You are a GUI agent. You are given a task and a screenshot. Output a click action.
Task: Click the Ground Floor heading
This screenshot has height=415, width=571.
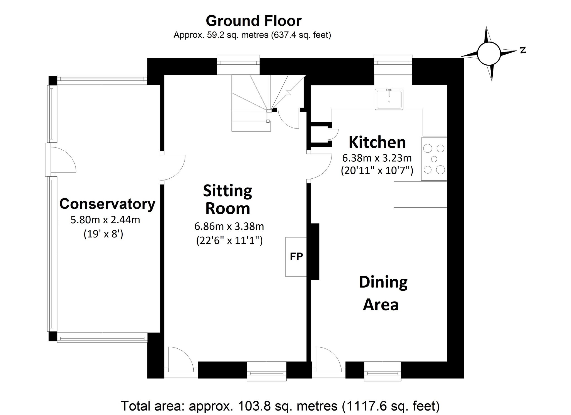(253, 21)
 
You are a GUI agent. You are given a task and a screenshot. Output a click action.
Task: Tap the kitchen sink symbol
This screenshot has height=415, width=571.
(389, 99)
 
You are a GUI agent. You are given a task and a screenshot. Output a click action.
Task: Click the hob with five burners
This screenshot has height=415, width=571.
(434, 159)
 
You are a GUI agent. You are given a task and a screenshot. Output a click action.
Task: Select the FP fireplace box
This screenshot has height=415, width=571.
(296, 257)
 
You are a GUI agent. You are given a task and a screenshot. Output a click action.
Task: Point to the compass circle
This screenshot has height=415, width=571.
(488, 54)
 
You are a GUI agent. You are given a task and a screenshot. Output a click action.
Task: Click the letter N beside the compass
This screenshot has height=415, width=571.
(523, 50)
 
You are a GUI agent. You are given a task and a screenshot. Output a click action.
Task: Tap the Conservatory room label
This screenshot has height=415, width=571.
(107, 204)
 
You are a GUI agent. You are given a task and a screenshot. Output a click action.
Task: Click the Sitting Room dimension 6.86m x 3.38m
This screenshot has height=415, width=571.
(229, 226)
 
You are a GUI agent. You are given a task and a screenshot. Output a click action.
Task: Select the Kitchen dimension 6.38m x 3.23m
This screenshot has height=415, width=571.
(377, 158)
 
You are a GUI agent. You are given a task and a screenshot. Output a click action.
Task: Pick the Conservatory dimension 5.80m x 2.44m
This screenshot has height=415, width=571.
(105, 220)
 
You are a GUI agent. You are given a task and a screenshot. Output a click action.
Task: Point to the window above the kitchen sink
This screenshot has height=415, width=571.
(393, 63)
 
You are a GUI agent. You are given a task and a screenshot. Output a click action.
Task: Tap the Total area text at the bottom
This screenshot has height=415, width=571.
(280, 406)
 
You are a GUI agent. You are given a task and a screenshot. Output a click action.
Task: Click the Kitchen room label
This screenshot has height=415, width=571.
(377, 142)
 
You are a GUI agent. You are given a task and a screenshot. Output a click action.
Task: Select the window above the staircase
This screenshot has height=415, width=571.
(238, 63)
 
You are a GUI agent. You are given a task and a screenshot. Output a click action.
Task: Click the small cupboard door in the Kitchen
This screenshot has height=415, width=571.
(333, 134)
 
